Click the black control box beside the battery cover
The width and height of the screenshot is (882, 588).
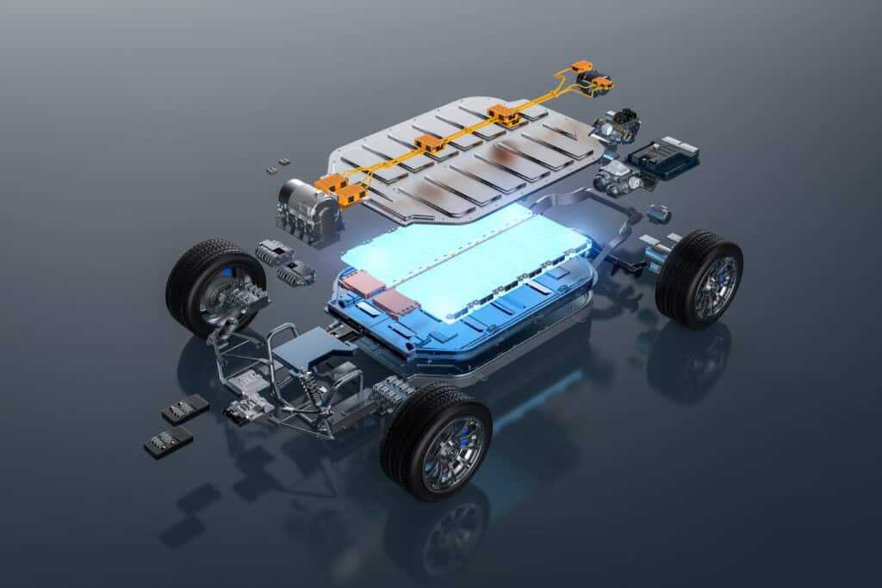tap(662, 156)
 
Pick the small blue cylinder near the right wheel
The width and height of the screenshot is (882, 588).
tap(659, 214)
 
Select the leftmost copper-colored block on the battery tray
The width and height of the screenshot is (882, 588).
tap(361, 283)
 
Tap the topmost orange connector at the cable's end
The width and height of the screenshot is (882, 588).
tap(583, 68)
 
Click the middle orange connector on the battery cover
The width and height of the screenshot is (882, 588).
tap(430, 144)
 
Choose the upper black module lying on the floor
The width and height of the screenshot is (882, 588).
tap(184, 409)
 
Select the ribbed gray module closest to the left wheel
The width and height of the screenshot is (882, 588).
tap(275, 252)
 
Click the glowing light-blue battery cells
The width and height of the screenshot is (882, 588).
tap(465, 251)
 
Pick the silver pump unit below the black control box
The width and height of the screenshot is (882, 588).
tap(618, 179)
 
